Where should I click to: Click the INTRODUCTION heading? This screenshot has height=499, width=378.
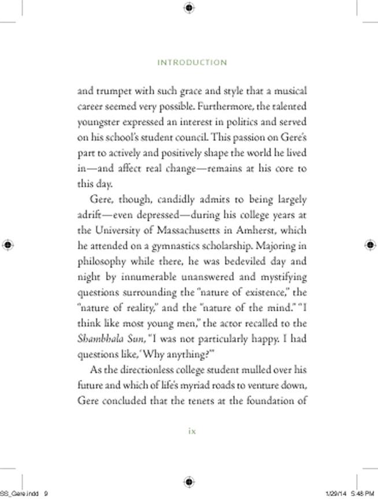[x=192, y=62]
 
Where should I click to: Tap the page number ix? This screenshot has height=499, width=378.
[x=192, y=430]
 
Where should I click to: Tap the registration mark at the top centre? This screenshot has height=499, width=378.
[x=189, y=8]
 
